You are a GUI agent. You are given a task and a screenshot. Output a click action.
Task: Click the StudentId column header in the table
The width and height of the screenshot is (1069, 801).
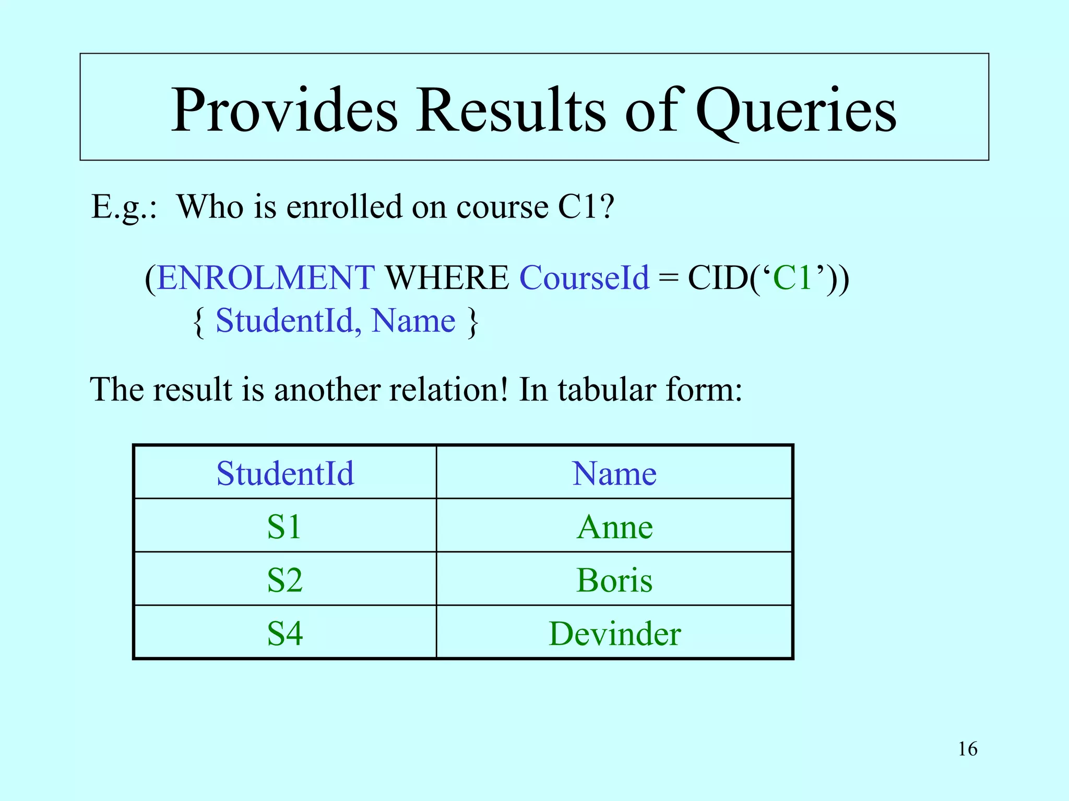tap(285, 474)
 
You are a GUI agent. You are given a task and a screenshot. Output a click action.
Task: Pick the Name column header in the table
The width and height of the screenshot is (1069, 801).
tap(614, 474)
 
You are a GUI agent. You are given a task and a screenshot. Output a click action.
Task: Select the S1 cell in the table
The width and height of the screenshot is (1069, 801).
tap(284, 527)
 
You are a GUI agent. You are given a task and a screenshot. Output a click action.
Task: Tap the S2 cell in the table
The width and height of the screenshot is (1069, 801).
tap(284, 580)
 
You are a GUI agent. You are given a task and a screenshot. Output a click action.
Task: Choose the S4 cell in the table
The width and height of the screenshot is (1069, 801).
tap(284, 634)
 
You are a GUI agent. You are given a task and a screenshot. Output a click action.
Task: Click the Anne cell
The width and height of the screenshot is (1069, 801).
tap(614, 527)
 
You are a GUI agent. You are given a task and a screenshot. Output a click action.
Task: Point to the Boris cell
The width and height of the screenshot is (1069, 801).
tap(614, 580)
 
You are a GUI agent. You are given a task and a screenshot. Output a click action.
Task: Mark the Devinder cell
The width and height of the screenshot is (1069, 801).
tap(614, 634)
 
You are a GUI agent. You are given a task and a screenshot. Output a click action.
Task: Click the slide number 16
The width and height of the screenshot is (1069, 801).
tap(967, 749)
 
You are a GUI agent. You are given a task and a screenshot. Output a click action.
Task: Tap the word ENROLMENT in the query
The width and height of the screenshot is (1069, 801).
tap(266, 277)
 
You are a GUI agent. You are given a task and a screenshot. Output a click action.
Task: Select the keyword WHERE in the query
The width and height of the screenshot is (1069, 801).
tap(447, 277)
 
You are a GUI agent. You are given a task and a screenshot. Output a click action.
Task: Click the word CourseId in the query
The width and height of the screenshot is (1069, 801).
tap(584, 277)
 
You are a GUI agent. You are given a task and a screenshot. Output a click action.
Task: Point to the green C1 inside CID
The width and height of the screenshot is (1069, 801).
tap(792, 277)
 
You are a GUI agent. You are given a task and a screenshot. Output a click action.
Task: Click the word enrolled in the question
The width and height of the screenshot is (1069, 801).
tap(345, 207)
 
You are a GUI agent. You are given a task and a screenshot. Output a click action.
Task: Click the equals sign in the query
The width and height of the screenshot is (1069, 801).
tap(668, 278)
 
